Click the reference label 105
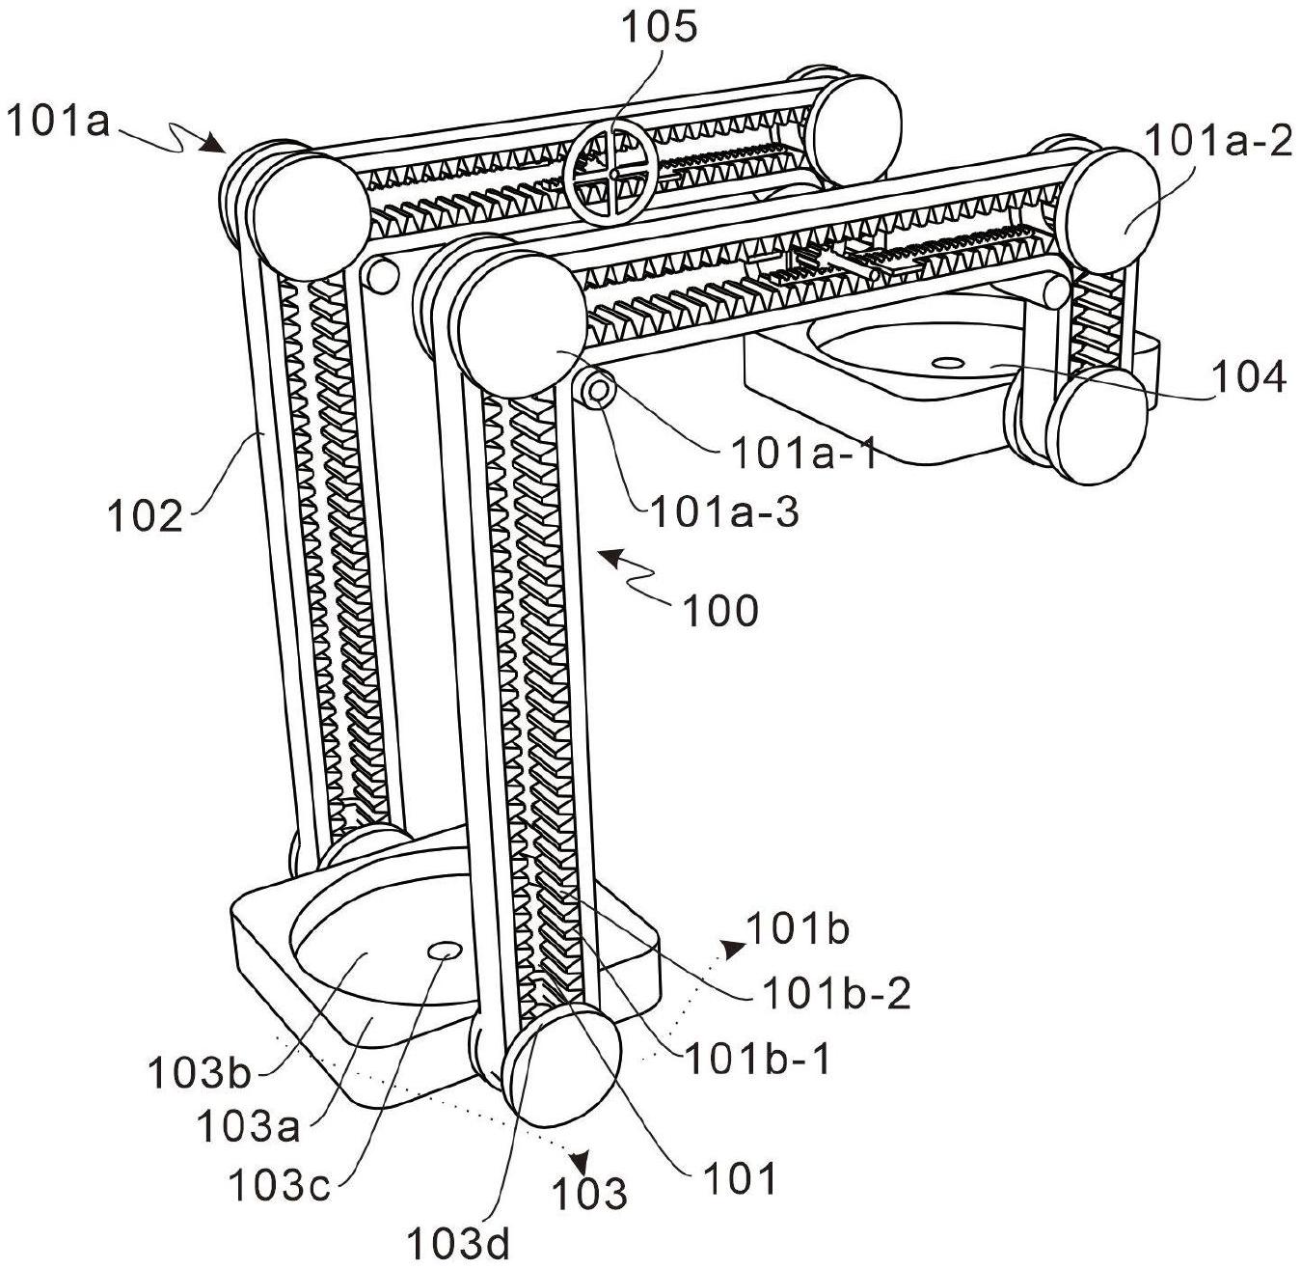pyautogui.click(x=660, y=30)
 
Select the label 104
pyautogui.click(x=1249, y=377)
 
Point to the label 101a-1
pyautogui.click(x=804, y=454)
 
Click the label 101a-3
pyautogui.click(x=724, y=513)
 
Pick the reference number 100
pyautogui.click(x=719, y=611)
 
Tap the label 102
pyautogui.click(x=145, y=517)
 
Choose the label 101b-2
pyautogui.click(x=836, y=993)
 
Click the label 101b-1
pyautogui.click(x=758, y=1060)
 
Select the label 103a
pyautogui.click(x=248, y=1126)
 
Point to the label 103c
pyautogui.click(x=279, y=1185)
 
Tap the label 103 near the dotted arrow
pyautogui.click(x=589, y=1194)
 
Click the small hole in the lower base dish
pyautogui.click(x=444, y=952)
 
